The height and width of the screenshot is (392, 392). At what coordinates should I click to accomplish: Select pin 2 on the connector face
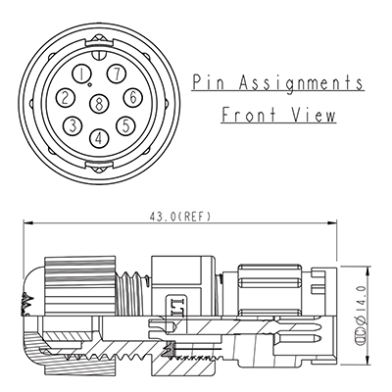(x=65, y=97)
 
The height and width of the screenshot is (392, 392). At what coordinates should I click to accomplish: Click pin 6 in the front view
(x=131, y=97)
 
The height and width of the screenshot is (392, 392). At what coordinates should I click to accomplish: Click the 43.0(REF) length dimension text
(x=180, y=217)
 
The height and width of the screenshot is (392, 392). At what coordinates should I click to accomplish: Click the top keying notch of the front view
(x=98, y=38)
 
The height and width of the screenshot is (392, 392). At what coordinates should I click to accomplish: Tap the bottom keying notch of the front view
(x=98, y=169)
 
